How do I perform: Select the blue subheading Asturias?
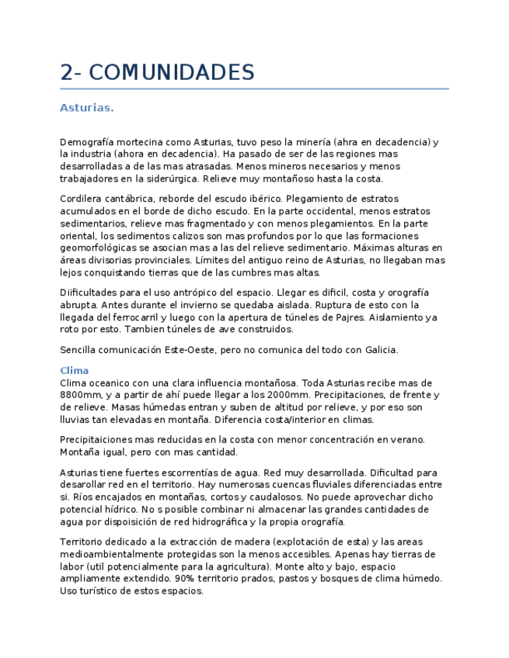pyautogui.click(x=86, y=108)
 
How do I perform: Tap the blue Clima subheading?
pyautogui.click(x=74, y=371)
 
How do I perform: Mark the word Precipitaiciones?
pyautogui.click(x=100, y=440)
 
